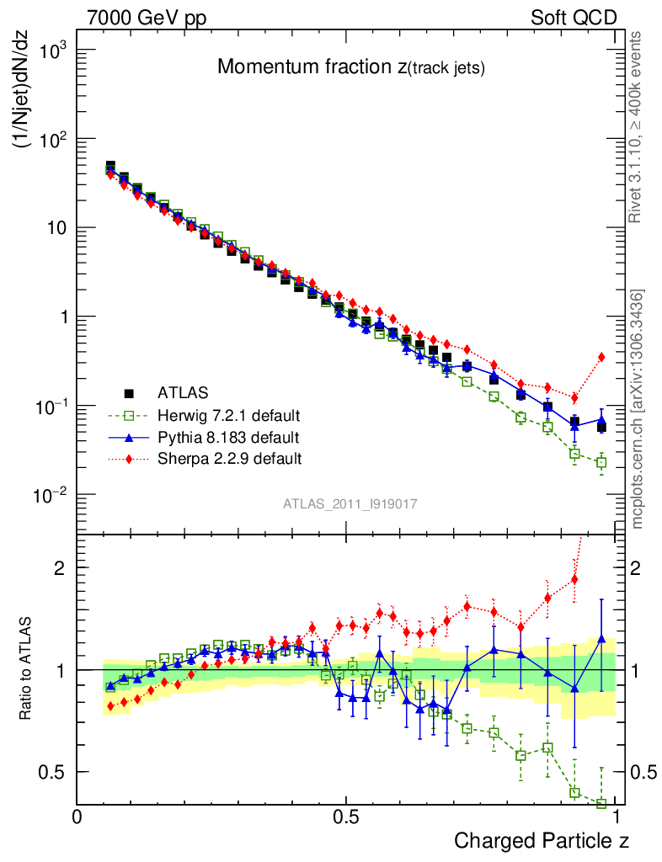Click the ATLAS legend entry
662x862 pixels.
(x=181, y=392)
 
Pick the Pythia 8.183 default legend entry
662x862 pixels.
(x=227, y=438)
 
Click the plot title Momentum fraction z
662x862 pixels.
(x=350, y=67)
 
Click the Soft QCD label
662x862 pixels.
(x=574, y=18)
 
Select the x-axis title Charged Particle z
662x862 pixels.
(x=542, y=840)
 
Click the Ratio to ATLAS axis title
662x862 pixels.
(x=27, y=668)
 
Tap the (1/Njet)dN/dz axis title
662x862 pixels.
(x=25, y=104)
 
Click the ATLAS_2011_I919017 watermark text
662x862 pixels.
(x=350, y=503)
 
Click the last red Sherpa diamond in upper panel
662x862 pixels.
(x=601, y=357)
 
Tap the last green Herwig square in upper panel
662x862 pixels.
(x=601, y=462)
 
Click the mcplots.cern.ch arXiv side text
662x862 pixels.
(x=638, y=409)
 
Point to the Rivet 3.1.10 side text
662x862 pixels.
(x=638, y=127)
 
